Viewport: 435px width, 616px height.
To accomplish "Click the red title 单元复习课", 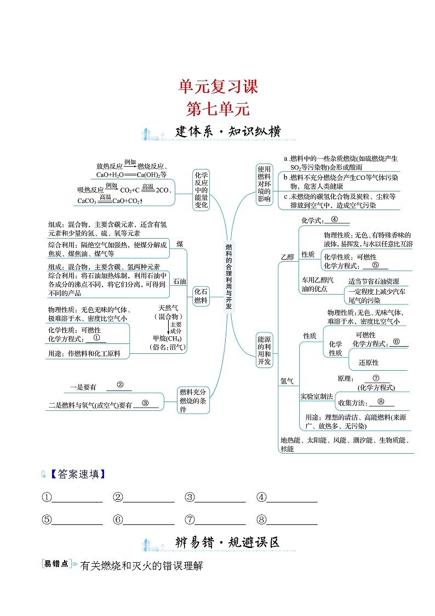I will (x=218, y=87).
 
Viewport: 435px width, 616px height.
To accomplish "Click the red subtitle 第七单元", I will (x=218, y=109).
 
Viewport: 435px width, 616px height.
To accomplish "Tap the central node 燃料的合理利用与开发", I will (x=228, y=277).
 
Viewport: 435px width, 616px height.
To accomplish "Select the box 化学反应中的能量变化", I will (x=201, y=190).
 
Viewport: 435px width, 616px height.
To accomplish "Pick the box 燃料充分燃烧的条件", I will (x=193, y=400).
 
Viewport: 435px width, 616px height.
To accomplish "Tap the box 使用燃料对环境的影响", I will (x=264, y=184).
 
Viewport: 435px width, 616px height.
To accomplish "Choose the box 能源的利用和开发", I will (x=264, y=351).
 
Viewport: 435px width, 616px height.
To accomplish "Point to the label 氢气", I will (x=287, y=380).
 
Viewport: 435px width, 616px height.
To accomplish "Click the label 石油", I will (x=180, y=281).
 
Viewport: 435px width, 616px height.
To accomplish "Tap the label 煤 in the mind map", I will (x=180, y=243).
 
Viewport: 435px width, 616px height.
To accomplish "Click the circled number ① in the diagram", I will (x=96, y=338).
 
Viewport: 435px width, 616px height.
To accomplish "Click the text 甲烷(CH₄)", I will (x=168, y=338).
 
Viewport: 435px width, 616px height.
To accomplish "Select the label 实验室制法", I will (x=316, y=396).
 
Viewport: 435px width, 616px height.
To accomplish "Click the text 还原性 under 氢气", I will (x=368, y=362).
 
